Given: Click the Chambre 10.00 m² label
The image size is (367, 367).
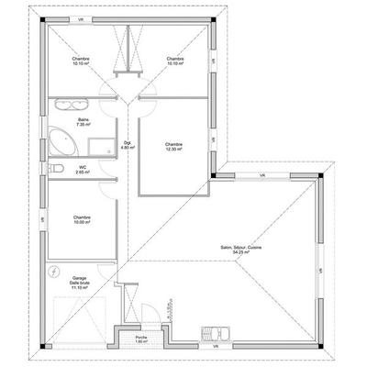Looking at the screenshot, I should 83,219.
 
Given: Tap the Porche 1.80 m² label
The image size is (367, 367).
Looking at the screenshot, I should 141,339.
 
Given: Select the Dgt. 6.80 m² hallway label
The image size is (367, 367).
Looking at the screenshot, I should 128,144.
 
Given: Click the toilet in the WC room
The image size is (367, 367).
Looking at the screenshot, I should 57,168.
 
